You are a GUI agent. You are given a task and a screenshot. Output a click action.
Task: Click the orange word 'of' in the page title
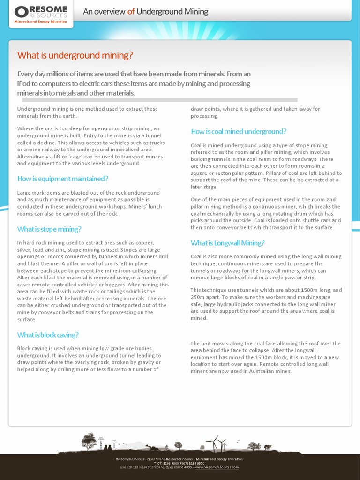tap(131, 12)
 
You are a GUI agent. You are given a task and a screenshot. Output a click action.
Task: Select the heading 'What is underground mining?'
tap(75, 55)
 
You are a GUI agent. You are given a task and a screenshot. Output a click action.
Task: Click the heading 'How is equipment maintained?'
tap(63, 179)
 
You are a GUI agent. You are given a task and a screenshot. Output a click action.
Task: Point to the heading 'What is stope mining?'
tap(49, 229)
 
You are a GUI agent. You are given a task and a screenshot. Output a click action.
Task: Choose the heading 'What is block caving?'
tap(48, 335)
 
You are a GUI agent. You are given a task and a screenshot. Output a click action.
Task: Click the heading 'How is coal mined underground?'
tap(239, 131)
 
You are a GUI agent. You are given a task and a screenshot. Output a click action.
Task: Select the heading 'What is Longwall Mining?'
tap(227, 243)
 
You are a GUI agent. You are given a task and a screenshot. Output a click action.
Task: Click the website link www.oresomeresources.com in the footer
tap(217, 467)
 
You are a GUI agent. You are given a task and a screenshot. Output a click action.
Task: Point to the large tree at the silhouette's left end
tap(88, 441)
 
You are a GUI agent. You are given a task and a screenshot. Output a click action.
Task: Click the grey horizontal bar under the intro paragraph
tap(160, 100)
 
